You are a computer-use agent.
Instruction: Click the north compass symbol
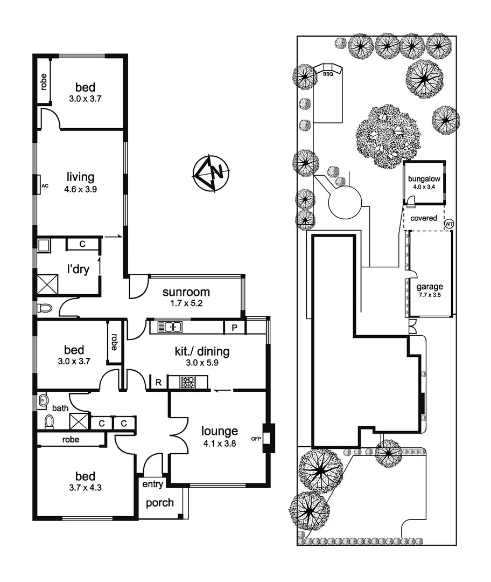tap(211, 172)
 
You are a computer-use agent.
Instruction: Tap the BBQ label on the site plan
tap(328, 74)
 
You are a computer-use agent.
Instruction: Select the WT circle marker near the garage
tap(448, 224)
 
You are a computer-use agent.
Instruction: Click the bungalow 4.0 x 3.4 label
tap(424, 183)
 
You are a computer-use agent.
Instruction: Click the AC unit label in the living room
tap(45, 185)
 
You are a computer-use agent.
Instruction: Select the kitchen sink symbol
tap(170, 327)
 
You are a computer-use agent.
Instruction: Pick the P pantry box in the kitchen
tap(235, 327)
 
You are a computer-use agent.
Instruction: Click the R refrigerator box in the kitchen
tap(158, 383)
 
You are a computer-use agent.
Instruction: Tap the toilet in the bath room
tap(49, 421)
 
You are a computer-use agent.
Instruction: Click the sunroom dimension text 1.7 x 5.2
tap(186, 303)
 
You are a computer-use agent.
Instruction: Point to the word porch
tap(160, 503)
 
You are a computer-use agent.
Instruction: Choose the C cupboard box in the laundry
tap(82, 244)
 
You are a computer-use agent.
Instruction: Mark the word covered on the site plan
tap(424, 218)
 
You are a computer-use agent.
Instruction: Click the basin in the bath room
tap(43, 400)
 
